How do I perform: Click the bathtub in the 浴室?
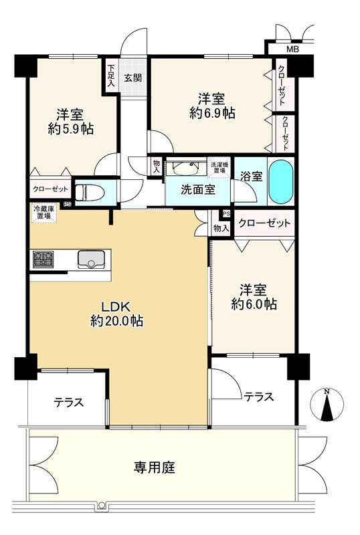[281, 181]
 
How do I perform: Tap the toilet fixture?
[89, 193]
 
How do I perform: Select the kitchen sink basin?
[91, 259]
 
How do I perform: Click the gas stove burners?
[43, 259]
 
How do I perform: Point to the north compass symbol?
[327, 405]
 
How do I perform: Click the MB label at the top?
[292, 49]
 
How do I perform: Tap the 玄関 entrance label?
[132, 78]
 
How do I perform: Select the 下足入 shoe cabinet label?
[110, 76]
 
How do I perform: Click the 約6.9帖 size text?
[212, 113]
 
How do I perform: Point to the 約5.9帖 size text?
[71, 128]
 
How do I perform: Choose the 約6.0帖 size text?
[254, 304]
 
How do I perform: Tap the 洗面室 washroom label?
[198, 190]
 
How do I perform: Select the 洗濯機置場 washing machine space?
[219, 167]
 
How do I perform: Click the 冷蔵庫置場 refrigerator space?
[44, 213]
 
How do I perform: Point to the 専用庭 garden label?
[155, 467]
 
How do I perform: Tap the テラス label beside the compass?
[258, 397]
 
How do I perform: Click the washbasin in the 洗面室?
[185, 168]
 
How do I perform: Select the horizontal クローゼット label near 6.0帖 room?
[264, 223]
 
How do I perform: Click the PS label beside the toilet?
[68, 205]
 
